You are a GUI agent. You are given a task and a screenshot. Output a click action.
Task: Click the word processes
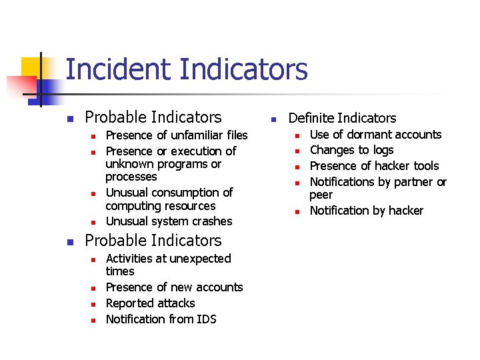(x=131, y=177)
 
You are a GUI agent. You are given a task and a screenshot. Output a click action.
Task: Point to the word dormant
(x=367, y=135)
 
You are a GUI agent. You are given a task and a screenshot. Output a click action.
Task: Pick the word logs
(x=383, y=151)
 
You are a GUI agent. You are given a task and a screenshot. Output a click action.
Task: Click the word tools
(x=426, y=166)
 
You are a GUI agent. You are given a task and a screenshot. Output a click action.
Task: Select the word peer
(x=321, y=195)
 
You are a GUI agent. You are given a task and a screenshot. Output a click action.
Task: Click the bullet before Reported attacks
(x=93, y=305)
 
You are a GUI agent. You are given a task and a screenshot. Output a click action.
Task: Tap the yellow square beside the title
(x=31, y=67)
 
